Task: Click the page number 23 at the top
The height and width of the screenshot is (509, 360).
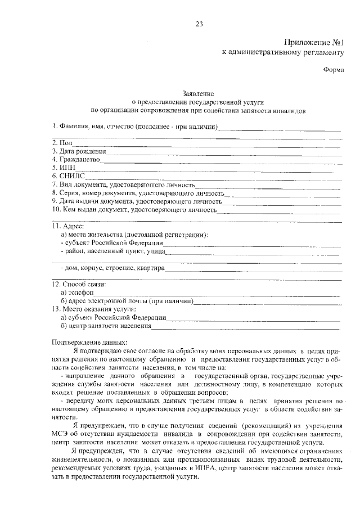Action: pyautogui.click(x=199, y=24)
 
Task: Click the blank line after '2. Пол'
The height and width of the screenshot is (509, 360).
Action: pyautogui.click(x=202, y=144)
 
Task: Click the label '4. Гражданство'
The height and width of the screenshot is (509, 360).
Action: pyautogui.click(x=75, y=160)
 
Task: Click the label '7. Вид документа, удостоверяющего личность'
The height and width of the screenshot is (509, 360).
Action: pyautogui.click(x=123, y=184)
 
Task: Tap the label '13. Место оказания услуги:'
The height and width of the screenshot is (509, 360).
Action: pyautogui.click(x=93, y=309)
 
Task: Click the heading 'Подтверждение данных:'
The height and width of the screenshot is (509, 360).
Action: pyautogui.click(x=89, y=343)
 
